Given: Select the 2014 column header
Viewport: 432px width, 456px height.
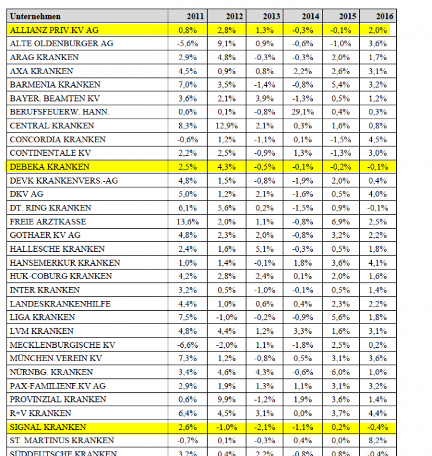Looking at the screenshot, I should coord(310,16).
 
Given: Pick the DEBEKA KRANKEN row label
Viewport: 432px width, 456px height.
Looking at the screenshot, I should coord(50,167).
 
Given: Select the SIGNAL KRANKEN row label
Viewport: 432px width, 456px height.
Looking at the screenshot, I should coord(48,427).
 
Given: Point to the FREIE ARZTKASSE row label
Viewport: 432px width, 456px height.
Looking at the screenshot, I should coord(48,221).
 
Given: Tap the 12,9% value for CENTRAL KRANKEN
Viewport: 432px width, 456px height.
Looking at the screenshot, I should coord(227,126).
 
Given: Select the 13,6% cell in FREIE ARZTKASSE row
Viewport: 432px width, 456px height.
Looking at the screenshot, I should coord(187,221).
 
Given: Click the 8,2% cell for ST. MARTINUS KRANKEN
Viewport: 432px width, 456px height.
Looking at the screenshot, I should coord(380,440).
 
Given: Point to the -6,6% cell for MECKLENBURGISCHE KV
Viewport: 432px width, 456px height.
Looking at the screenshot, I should coord(187,345).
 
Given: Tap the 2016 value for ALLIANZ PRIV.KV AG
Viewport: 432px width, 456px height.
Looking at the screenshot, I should coord(380,30).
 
